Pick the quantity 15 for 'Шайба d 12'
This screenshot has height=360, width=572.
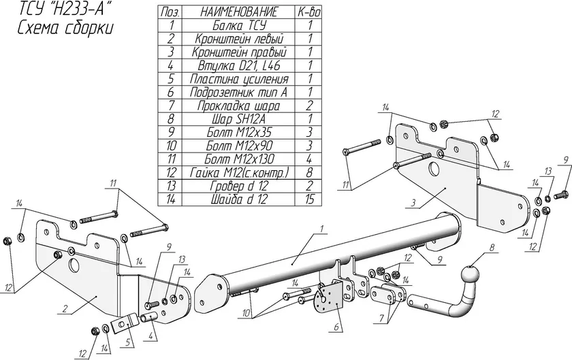pyautogui.click(x=310, y=199)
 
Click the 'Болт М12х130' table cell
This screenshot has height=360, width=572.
pyautogui.click(x=238, y=159)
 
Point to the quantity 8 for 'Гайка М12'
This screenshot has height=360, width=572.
pyautogui.click(x=310, y=173)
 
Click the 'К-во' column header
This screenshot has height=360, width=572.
pyautogui.click(x=310, y=12)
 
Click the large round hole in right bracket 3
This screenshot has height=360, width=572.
pyautogui.click(x=434, y=169)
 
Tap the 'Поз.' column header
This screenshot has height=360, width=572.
pyautogui.click(x=168, y=12)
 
